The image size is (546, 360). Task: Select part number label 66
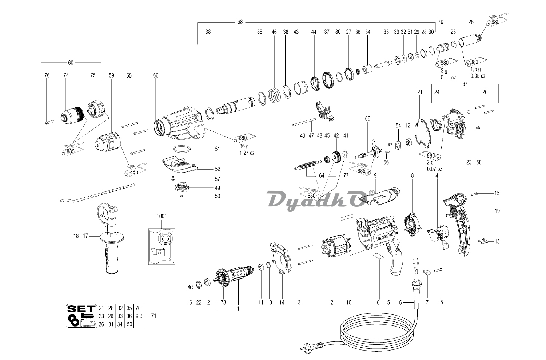pos(156,75)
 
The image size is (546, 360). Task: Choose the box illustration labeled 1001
pos(162,246)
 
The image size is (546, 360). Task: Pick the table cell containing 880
pos(138,316)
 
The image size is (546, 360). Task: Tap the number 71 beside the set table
pos(153,316)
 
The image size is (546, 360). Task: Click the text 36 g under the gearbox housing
pos(244,146)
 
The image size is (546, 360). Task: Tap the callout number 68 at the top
pos(240,22)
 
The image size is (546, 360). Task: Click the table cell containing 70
pos(138,308)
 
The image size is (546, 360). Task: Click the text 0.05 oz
pos(478,76)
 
